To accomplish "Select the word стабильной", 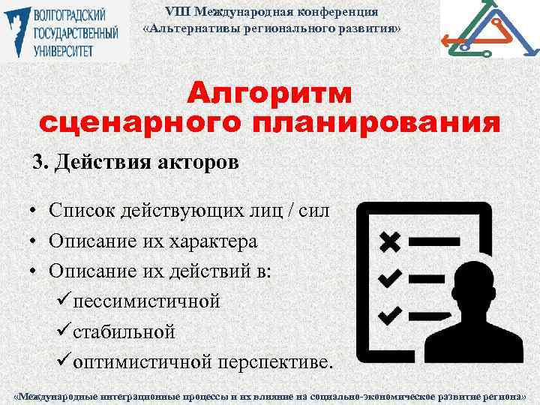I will click(124, 331).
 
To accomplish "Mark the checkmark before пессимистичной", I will click(63, 301).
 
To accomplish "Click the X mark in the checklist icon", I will click(390, 241).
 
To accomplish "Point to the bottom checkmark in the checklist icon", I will click(390, 313).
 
